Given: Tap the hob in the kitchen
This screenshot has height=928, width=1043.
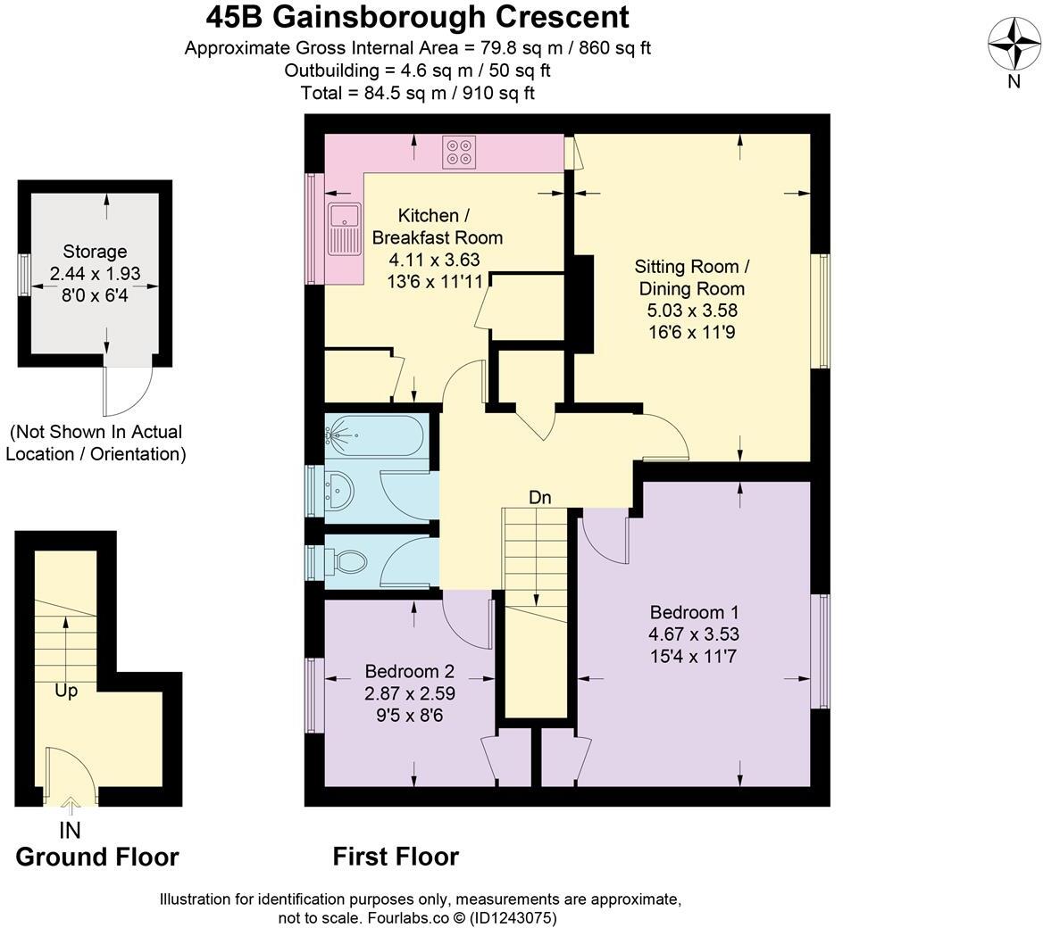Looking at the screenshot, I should [460, 152].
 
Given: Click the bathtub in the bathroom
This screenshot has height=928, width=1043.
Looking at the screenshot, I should [374, 436].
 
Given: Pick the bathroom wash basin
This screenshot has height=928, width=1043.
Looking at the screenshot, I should [340, 490].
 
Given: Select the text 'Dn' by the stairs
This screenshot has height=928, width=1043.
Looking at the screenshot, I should [539, 498].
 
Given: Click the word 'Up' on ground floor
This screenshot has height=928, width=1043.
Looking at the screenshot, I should [66, 691].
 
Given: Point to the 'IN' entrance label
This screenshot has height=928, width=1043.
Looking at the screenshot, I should [70, 830].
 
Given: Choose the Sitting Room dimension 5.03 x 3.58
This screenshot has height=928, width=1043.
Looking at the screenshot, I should [692, 311].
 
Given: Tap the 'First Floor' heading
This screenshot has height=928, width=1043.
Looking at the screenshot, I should [396, 857].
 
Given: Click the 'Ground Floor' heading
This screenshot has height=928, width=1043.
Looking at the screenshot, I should [97, 857].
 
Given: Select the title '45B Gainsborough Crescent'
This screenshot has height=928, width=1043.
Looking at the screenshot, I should [417, 16].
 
